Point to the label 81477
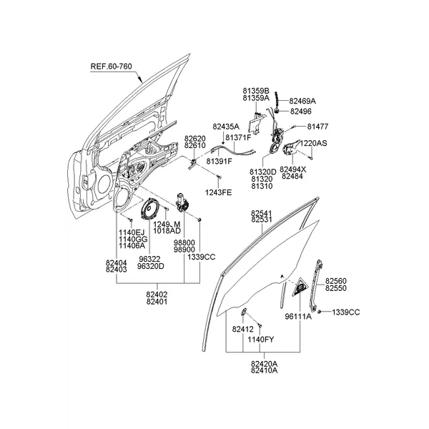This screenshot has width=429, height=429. [x=318, y=127]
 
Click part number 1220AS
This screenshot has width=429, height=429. [x=313, y=143]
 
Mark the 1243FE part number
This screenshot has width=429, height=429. [x=220, y=193]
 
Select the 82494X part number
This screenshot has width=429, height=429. [x=293, y=169]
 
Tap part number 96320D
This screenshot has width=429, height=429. [x=151, y=266]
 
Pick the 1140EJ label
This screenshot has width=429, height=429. [x=132, y=232]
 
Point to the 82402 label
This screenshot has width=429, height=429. [x=157, y=294]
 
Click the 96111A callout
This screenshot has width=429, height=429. [x=298, y=315]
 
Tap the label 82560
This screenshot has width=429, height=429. [x=335, y=282]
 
